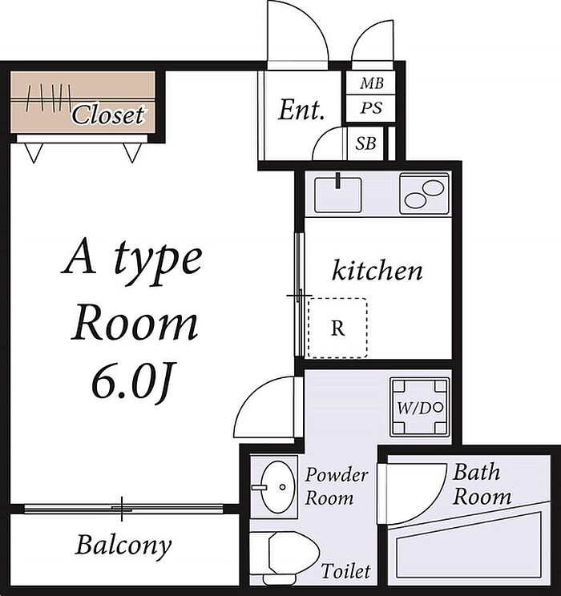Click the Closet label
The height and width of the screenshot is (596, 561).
tap(108, 115)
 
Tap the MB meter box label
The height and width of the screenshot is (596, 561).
tap(372, 83)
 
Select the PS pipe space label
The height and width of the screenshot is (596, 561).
tap(371, 108)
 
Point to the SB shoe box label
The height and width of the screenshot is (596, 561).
tap(366, 143)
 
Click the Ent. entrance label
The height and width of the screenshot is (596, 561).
tap(301, 111)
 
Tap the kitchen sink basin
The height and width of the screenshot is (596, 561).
tap(337, 195)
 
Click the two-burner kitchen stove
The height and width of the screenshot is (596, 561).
tap(425, 194)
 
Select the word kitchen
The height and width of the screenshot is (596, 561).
tap(377, 270)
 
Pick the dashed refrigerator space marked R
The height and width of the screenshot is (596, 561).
tap(337, 328)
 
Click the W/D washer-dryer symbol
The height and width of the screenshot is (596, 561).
tap(420, 408)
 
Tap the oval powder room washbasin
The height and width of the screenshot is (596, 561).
tap(278, 487)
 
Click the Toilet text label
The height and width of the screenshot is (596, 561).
tap(345, 571)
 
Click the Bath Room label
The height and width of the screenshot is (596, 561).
tap(482, 484)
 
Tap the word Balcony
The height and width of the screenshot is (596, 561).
tap(123, 546)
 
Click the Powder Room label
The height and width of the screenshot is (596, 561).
tap(337, 486)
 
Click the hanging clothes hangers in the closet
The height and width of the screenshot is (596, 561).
tap(48, 98)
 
